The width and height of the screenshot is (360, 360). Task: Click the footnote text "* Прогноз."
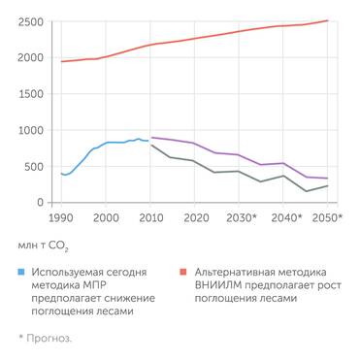44,338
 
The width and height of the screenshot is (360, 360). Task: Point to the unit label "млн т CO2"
43,247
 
